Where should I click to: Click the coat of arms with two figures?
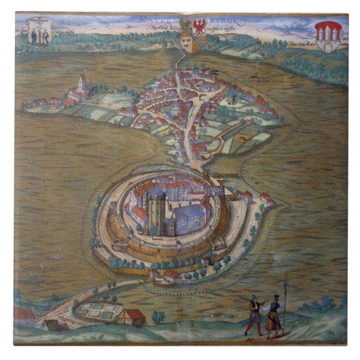pyautogui.click(x=39, y=33)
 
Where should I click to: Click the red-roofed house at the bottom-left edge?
pyautogui.click(x=24, y=317)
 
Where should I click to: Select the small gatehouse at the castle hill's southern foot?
pyautogui.click(x=171, y=276)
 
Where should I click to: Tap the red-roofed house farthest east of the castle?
pyautogui.click(x=266, y=198)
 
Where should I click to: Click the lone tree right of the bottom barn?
pyautogui.click(x=158, y=316)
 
